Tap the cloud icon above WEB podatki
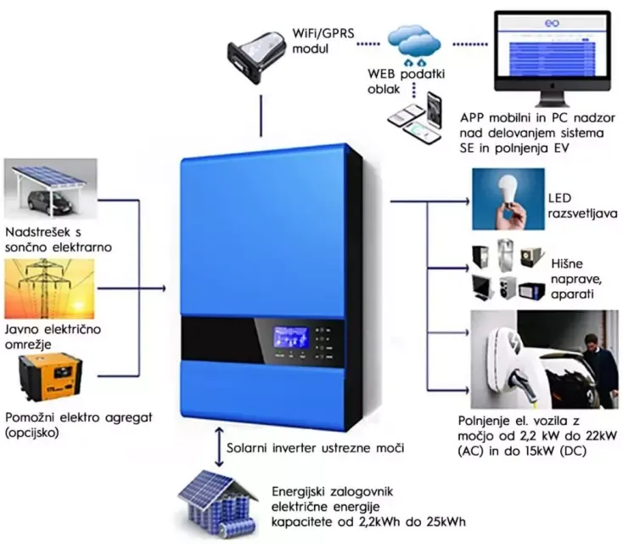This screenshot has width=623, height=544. [x=416, y=42]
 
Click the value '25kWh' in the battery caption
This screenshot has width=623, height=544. [x=446, y=521]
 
